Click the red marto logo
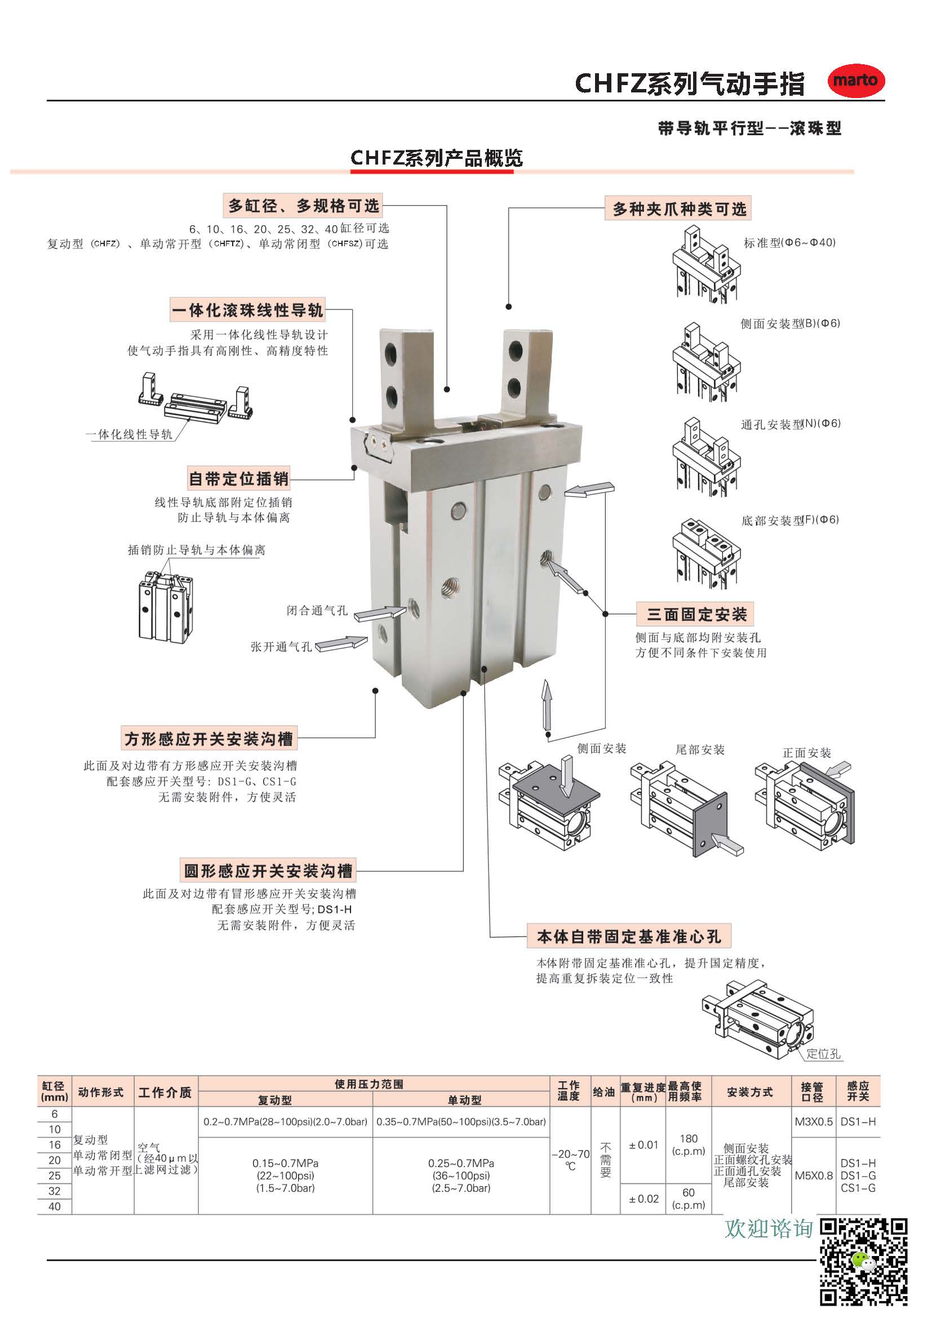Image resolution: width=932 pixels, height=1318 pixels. click(x=855, y=81)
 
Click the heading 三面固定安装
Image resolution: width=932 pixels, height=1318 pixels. click(x=696, y=614)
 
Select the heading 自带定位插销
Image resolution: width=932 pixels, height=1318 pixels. click(x=239, y=478)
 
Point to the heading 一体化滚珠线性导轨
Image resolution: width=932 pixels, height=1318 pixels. click(x=248, y=310)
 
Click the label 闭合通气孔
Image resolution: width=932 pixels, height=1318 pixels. click(x=317, y=610)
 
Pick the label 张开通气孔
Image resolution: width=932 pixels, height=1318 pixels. click(x=281, y=646)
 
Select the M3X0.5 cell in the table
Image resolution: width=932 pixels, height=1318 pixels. click(x=813, y=1121)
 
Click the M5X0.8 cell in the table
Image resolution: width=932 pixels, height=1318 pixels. click(x=813, y=1175)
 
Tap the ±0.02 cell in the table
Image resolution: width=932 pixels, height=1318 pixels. click(x=643, y=1199)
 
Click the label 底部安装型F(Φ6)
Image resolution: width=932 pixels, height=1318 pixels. click(x=789, y=520)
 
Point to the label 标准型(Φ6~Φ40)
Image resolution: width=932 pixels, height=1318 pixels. click(x=789, y=243)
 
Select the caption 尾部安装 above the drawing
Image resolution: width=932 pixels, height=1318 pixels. click(x=700, y=749)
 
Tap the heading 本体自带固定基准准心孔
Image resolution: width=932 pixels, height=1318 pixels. click(x=628, y=937)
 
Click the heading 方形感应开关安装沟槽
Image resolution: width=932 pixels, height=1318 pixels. click(x=209, y=738)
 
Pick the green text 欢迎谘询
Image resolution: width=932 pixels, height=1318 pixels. click(x=769, y=1228)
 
